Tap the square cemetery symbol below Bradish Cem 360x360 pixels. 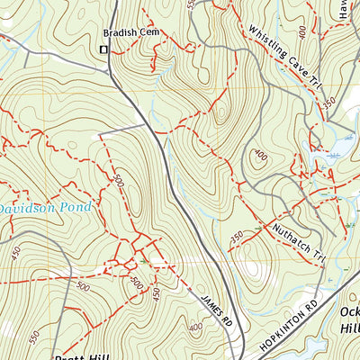(x=103, y=49)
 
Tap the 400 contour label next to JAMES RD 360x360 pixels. (x=196, y=327)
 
